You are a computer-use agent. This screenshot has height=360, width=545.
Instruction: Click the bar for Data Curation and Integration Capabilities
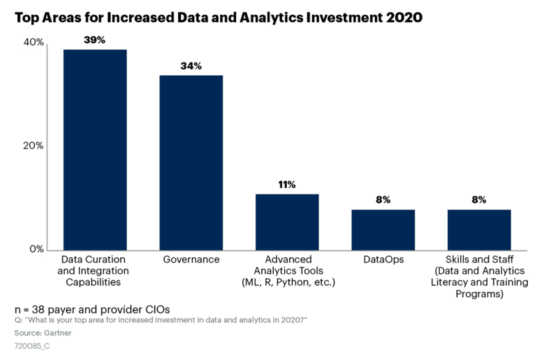pos(95,150)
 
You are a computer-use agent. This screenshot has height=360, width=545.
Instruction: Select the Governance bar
pos(191,162)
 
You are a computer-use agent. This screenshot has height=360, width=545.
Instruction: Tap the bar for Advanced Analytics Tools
pos(287,222)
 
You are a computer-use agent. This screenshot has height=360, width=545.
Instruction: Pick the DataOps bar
pos(383,230)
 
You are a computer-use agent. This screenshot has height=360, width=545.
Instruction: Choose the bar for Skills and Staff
pos(479,230)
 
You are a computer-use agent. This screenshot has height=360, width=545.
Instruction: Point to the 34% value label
pos(191,65)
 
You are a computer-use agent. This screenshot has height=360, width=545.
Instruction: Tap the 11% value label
pos(287,184)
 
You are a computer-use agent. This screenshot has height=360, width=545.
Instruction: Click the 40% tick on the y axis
pos(34,42)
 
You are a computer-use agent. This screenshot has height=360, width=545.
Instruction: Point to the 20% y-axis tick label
pos(34,146)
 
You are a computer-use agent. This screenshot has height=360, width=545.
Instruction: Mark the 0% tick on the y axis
pos(37,249)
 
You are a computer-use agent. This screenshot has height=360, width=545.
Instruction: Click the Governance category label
pos(191,260)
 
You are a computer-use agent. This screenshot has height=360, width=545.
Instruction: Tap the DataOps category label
pos(383,260)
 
